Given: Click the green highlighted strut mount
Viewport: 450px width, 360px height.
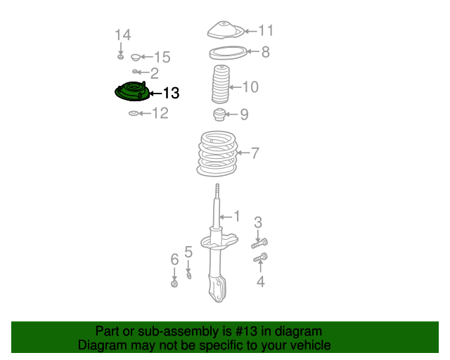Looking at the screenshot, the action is [132, 91].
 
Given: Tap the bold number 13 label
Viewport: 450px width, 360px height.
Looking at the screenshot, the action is [171, 93].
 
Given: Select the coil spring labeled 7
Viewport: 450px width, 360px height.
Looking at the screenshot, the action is [217, 153].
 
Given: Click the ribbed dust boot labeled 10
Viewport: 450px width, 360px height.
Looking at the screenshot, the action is [220, 84].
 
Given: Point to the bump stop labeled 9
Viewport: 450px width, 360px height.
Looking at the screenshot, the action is [219, 115].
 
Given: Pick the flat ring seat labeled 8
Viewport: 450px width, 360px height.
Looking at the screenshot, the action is [228, 53].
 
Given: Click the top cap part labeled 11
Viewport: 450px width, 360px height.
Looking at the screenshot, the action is [226, 30].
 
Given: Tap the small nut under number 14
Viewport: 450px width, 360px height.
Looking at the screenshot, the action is [120, 57].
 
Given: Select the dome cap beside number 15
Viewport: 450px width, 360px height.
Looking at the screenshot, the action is [136, 58].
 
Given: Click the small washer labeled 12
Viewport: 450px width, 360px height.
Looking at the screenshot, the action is [134, 113].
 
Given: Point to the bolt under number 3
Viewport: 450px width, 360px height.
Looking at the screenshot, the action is [259, 243].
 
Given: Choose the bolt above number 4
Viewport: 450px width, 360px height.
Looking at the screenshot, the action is [261, 257].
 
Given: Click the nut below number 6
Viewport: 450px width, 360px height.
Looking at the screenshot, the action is [174, 283].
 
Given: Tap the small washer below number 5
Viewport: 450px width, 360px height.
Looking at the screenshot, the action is [189, 276].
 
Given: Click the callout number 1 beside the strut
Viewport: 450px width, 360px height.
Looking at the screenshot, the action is [237, 216].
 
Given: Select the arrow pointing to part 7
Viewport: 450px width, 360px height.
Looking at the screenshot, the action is [243, 153].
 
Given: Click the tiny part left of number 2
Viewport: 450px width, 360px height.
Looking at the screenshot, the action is [135, 71].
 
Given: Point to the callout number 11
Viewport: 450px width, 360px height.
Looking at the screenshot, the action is [266, 30].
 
